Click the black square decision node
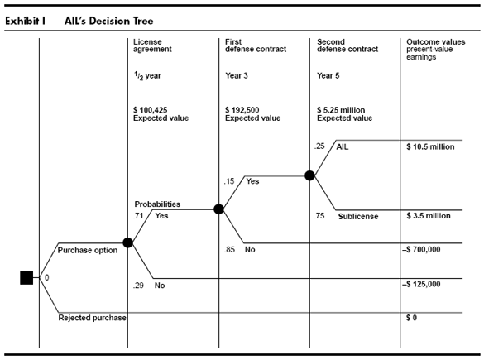click(x=26, y=277)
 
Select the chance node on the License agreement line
click(x=127, y=242)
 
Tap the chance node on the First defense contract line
click(x=218, y=209)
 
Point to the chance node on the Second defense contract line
click(x=309, y=175)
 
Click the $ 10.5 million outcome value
click(x=430, y=147)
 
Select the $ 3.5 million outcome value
click(x=429, y=216)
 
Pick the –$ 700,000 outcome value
click(x=421, y=249)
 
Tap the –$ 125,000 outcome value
click(x=421, y=284)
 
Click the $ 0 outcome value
click(x=411, y=318)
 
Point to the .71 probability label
click(x=138, y=215)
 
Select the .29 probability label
click(x=138, y=286)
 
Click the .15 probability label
click(x=229, y=181)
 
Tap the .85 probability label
click(x=229, y=249)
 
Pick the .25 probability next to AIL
click(x=319, y=146)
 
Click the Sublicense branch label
click(x=358, y=217)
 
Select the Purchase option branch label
click(x=88, y=250)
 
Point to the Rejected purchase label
click(x=93, y=318)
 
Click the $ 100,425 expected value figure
click(x=151, y=110)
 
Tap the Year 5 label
click(x=328, y=75)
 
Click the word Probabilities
click(x=157, y=204)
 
